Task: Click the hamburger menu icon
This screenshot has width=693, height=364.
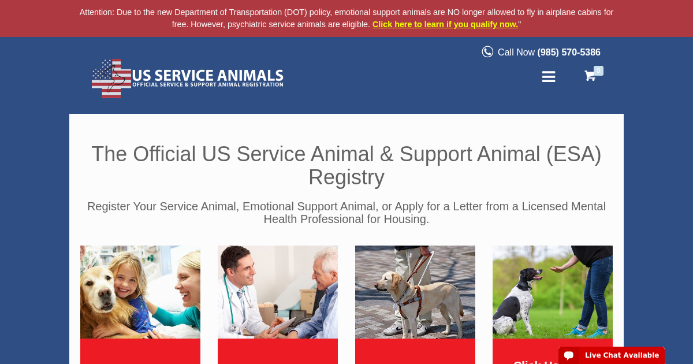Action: [x=549, y=77]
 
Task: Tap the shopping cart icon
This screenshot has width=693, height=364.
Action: [x=590, y=76]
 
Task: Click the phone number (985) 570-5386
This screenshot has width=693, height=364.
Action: [x=569, y=52]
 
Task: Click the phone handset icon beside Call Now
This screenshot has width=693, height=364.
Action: [x=487, y=52]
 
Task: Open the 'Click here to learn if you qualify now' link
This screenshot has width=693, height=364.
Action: [x=445, y=24]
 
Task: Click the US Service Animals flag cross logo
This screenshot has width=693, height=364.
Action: [x=111, y=78]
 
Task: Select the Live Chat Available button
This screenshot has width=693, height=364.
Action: [x=612, y=355]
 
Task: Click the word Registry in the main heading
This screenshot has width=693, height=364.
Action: [x=346, y=177]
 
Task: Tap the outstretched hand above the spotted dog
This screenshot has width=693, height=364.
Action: [x=559, y=269]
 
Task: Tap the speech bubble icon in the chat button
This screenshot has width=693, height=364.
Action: [x=569, y=355]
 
